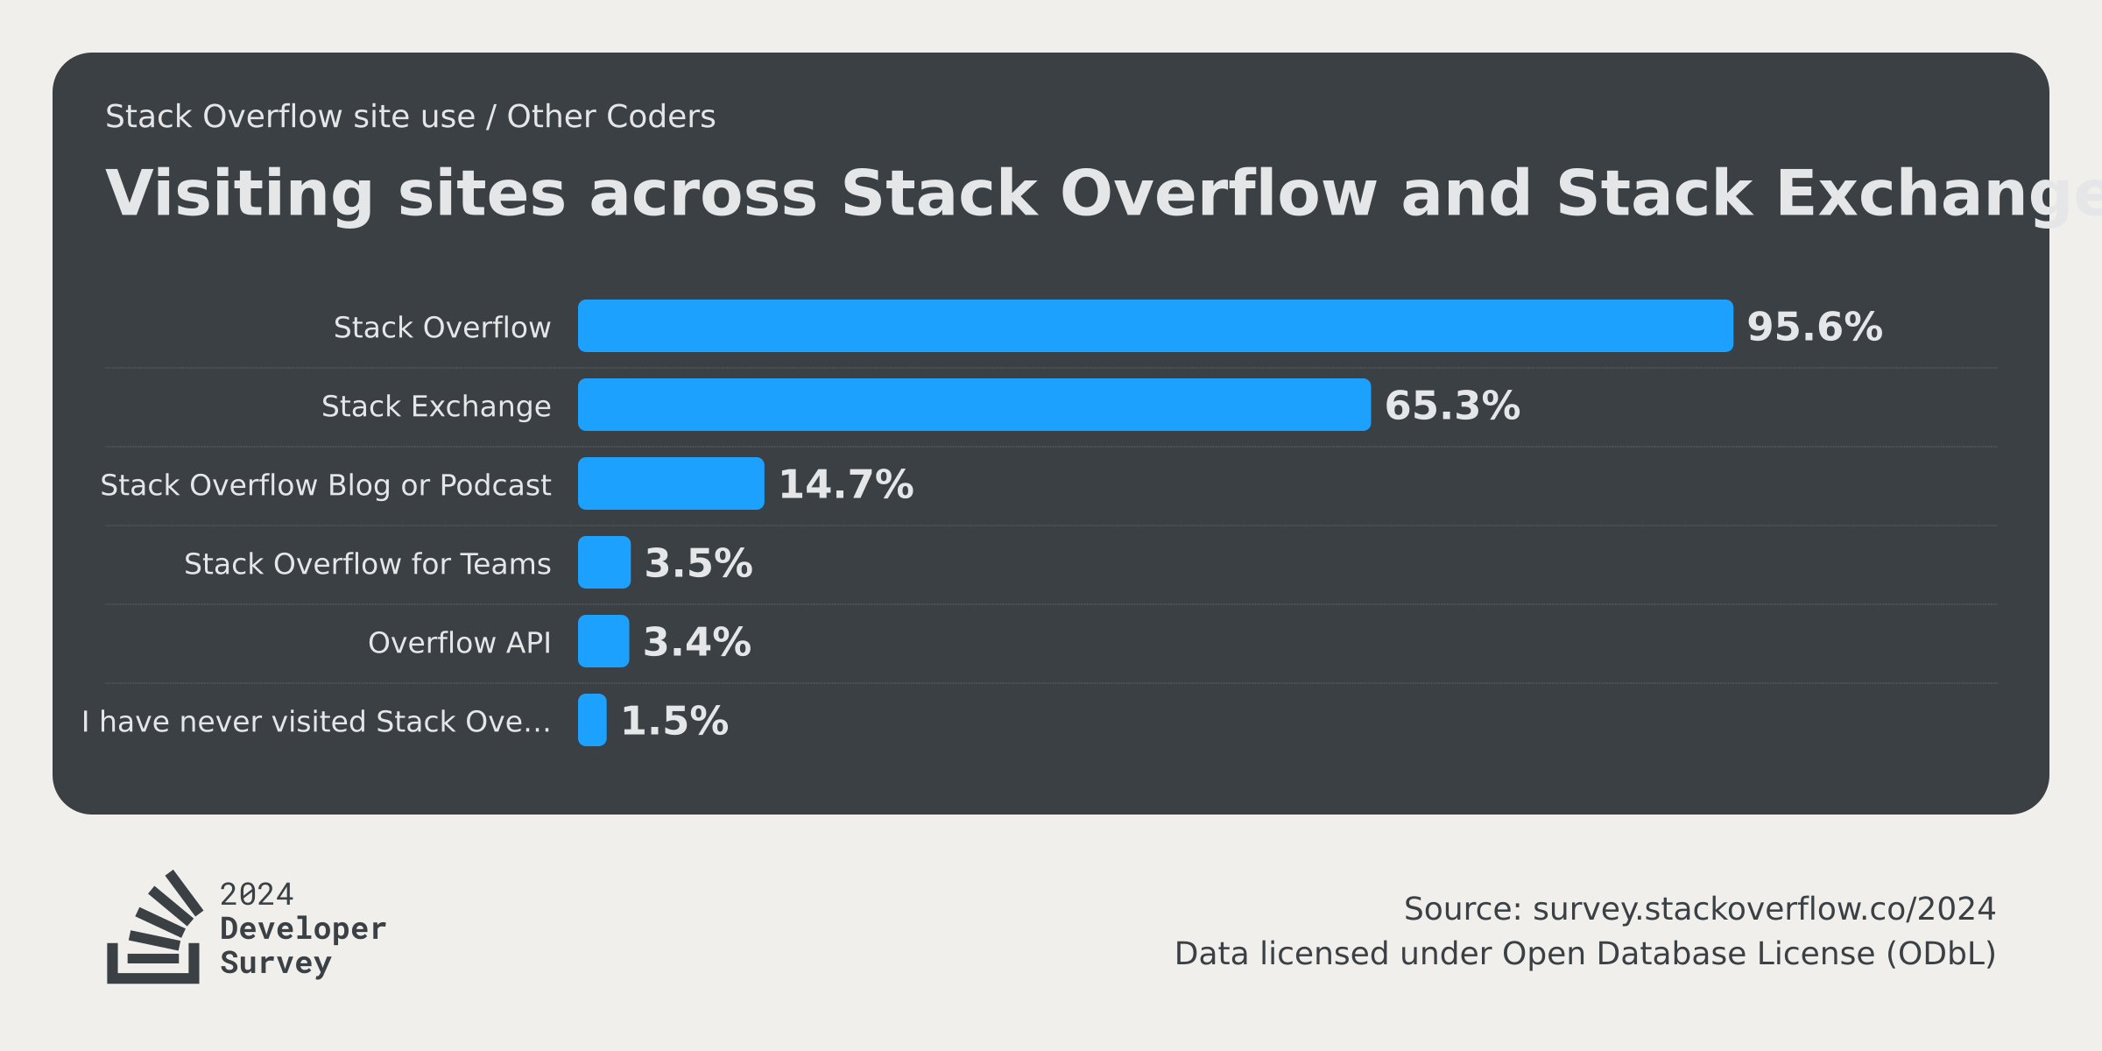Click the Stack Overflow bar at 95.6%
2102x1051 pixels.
pyautogui.click(x=1154, y=326)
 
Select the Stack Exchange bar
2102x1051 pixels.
pyautogui.click(x=974, y=405)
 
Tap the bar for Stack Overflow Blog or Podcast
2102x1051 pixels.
pyautogui.click(x=671, y=483)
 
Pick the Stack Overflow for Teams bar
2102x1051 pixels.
pyautogui.click(x=604, y=562)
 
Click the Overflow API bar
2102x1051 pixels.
pyautogui.click(x=603, y=641)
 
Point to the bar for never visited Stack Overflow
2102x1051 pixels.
pyautogui.click(x=592, y=720)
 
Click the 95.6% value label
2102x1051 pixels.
pyautogui.click(x=1814, y=327)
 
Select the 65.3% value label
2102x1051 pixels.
pyautogui.click(x=1451, y=406)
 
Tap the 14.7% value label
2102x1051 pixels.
pyautogui.click(x=845, y=484)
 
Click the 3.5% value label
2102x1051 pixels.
pyautogui.click(x=698, y=563)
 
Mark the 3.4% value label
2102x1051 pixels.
pyautogui.click(x=696, y=642)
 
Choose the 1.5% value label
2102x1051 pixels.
pyautogui.click(x=674, y=721)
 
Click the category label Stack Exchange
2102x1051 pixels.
pyautogui.click(x=436, y=406)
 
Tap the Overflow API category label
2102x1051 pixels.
pyautogui.click(x=459, y=643)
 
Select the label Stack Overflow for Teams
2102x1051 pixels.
pyautogui.click(x=367, y=564)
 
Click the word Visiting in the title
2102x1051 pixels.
pyautogui.click(x=238, y=194)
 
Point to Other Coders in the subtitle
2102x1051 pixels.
pyautogui.click(x=610, y=116)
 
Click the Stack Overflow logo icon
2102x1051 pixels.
pyautogui.click(x=154, y=928)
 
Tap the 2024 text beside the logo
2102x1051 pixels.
pyautogui.click(x=256, y=894)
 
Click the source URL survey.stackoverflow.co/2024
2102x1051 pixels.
pyautogui.click(x=1763, y=909)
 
